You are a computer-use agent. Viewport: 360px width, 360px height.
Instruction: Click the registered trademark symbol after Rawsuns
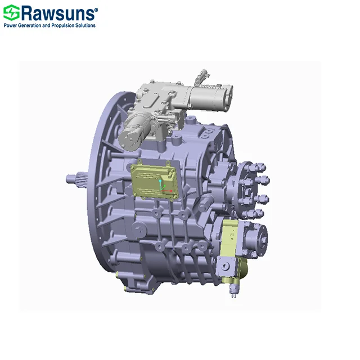click(95, 9)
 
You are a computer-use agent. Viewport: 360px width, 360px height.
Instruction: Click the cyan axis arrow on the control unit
click(162, 182)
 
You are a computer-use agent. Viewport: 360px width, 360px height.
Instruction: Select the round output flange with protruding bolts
click(248, 189)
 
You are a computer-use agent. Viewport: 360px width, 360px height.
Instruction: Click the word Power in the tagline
click(11, 25)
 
